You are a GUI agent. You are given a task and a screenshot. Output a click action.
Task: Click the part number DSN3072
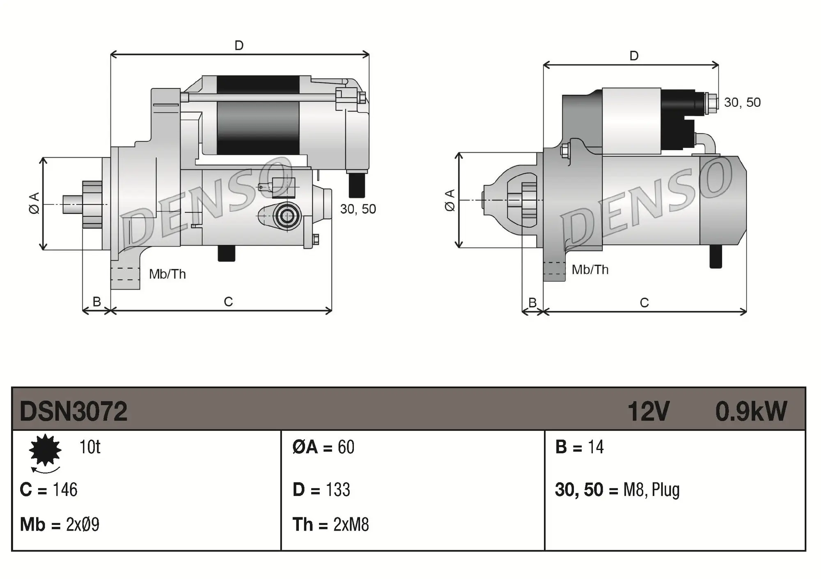[73, 411]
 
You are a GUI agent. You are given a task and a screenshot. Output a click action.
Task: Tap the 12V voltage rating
[648, 411]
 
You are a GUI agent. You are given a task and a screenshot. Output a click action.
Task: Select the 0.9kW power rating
[751, 411]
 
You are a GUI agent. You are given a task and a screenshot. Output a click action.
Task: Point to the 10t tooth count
[89, 447]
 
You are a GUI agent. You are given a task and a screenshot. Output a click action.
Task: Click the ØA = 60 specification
[323, 447]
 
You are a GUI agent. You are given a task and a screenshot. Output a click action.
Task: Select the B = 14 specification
[579, 447]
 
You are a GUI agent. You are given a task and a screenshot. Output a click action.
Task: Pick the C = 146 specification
[48, 490]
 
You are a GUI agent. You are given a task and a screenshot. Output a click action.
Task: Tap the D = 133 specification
[321, 490]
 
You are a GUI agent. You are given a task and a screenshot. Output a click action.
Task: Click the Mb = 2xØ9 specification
[60, 525]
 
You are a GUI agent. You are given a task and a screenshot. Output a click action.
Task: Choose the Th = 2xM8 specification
[331, 525]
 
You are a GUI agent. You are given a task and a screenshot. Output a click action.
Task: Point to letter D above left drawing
[239, 45]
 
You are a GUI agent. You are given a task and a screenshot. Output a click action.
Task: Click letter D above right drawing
[634, 56]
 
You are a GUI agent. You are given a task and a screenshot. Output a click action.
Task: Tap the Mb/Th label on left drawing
[167, 274]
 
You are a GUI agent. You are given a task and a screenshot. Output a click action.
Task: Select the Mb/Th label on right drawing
[590, 270]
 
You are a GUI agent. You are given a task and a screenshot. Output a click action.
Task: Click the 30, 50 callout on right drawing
[742, 102]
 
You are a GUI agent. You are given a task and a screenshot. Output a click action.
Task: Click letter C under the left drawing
[228, 302]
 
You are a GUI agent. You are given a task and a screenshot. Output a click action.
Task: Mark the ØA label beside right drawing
[450, 200]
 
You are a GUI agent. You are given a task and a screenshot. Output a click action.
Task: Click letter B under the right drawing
[532, 303]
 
